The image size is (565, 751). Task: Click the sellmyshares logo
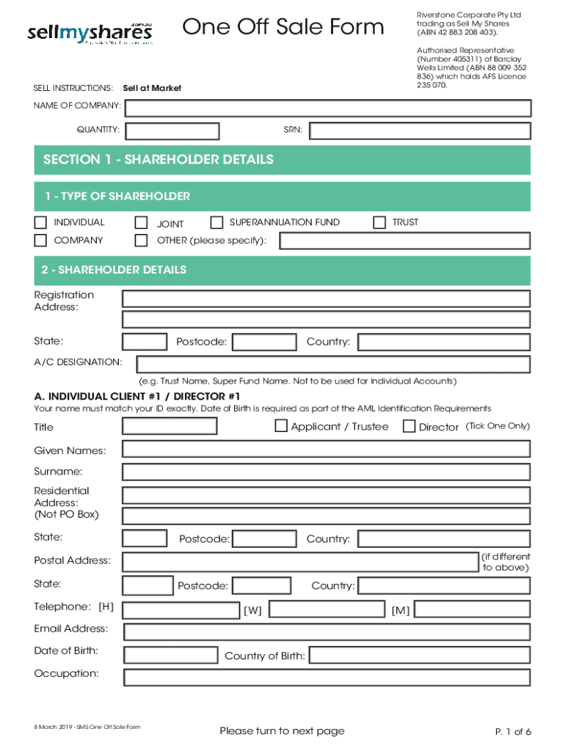tap(90, 33)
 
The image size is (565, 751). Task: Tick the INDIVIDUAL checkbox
tap(40, 222)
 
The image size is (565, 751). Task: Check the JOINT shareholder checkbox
tap(141, 223)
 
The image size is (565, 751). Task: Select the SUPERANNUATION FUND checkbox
tap(216, 222)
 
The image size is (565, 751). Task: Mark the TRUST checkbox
tap(379, 222)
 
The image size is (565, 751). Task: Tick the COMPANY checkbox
tap(40, 241)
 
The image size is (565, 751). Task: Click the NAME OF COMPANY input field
tap(327, 109)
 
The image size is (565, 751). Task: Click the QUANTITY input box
tap(172, 131)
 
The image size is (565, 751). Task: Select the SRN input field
tap(420, 131)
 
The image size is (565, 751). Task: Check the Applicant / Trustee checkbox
tap(281, 426)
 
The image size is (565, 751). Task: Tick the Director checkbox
tap(409, 426)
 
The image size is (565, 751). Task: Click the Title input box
tap(169, 426)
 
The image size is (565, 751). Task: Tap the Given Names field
tap(326, 450)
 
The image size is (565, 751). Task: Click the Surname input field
tap(326, 471)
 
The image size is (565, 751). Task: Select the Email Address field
tap(327, 631)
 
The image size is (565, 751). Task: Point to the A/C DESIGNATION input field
tap(333, 364)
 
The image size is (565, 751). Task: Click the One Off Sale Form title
tap(282, 28)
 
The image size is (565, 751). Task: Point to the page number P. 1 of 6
tap(512, 731)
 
